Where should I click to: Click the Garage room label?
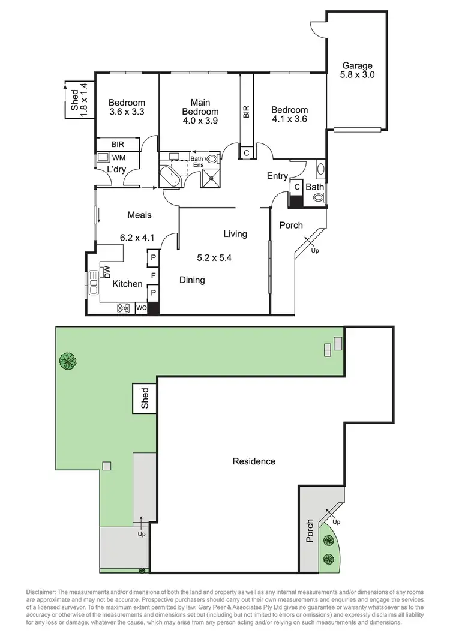coord(357,65)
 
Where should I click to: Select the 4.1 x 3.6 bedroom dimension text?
coord(289,119)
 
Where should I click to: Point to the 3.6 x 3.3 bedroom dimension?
coord(127,112)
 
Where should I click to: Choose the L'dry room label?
coord(116,170)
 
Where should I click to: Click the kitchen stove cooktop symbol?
coord(124,308)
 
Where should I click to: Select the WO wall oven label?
coord(142,308)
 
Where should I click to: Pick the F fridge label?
coord(153,276)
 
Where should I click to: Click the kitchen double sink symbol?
coord(94,283)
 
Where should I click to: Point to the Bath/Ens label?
coord(197,160)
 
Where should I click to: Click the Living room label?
coord(235,233)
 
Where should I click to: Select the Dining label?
coord(193,280)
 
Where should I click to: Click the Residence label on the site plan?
coord(254,461)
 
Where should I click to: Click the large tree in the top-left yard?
coord(67,361)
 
